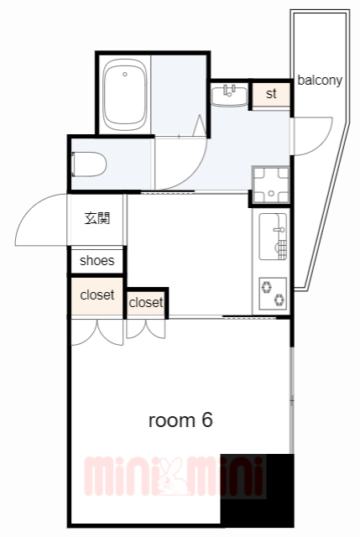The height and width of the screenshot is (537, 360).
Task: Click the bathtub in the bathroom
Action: (x=125, y=95)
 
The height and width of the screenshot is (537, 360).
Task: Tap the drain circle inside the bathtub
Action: (x=125, y=74)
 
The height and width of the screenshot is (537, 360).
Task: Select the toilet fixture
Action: (x=88, y=164)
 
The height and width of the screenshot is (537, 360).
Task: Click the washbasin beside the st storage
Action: (x=229, y=96)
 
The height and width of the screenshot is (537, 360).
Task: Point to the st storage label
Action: (x=271, y=93)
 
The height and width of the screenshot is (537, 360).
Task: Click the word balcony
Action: (x=320, y=81)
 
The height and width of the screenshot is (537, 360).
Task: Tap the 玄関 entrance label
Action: (x=97, y=218)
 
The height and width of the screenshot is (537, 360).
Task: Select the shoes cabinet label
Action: (x=97, y=261)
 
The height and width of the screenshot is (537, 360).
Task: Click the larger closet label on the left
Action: (x=97, y=295)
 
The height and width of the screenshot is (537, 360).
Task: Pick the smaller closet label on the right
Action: (x=146, y=302)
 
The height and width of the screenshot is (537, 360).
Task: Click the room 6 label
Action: (x=180, y=420)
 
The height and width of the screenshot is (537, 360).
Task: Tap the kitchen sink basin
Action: (x=273, y=237)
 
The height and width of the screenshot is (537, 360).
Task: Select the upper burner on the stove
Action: (x=267, y=287)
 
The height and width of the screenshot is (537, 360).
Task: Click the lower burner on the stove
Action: (x=279, y=300)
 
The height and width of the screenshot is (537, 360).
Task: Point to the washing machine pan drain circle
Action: (x=271, y=194)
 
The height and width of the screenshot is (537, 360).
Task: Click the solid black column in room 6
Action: (x=257, y=490)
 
